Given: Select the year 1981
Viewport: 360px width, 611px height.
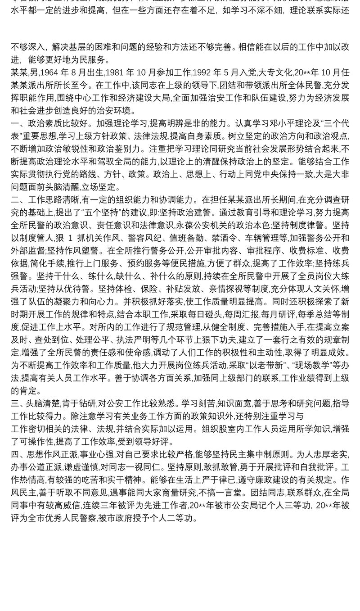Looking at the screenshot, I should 125,72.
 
